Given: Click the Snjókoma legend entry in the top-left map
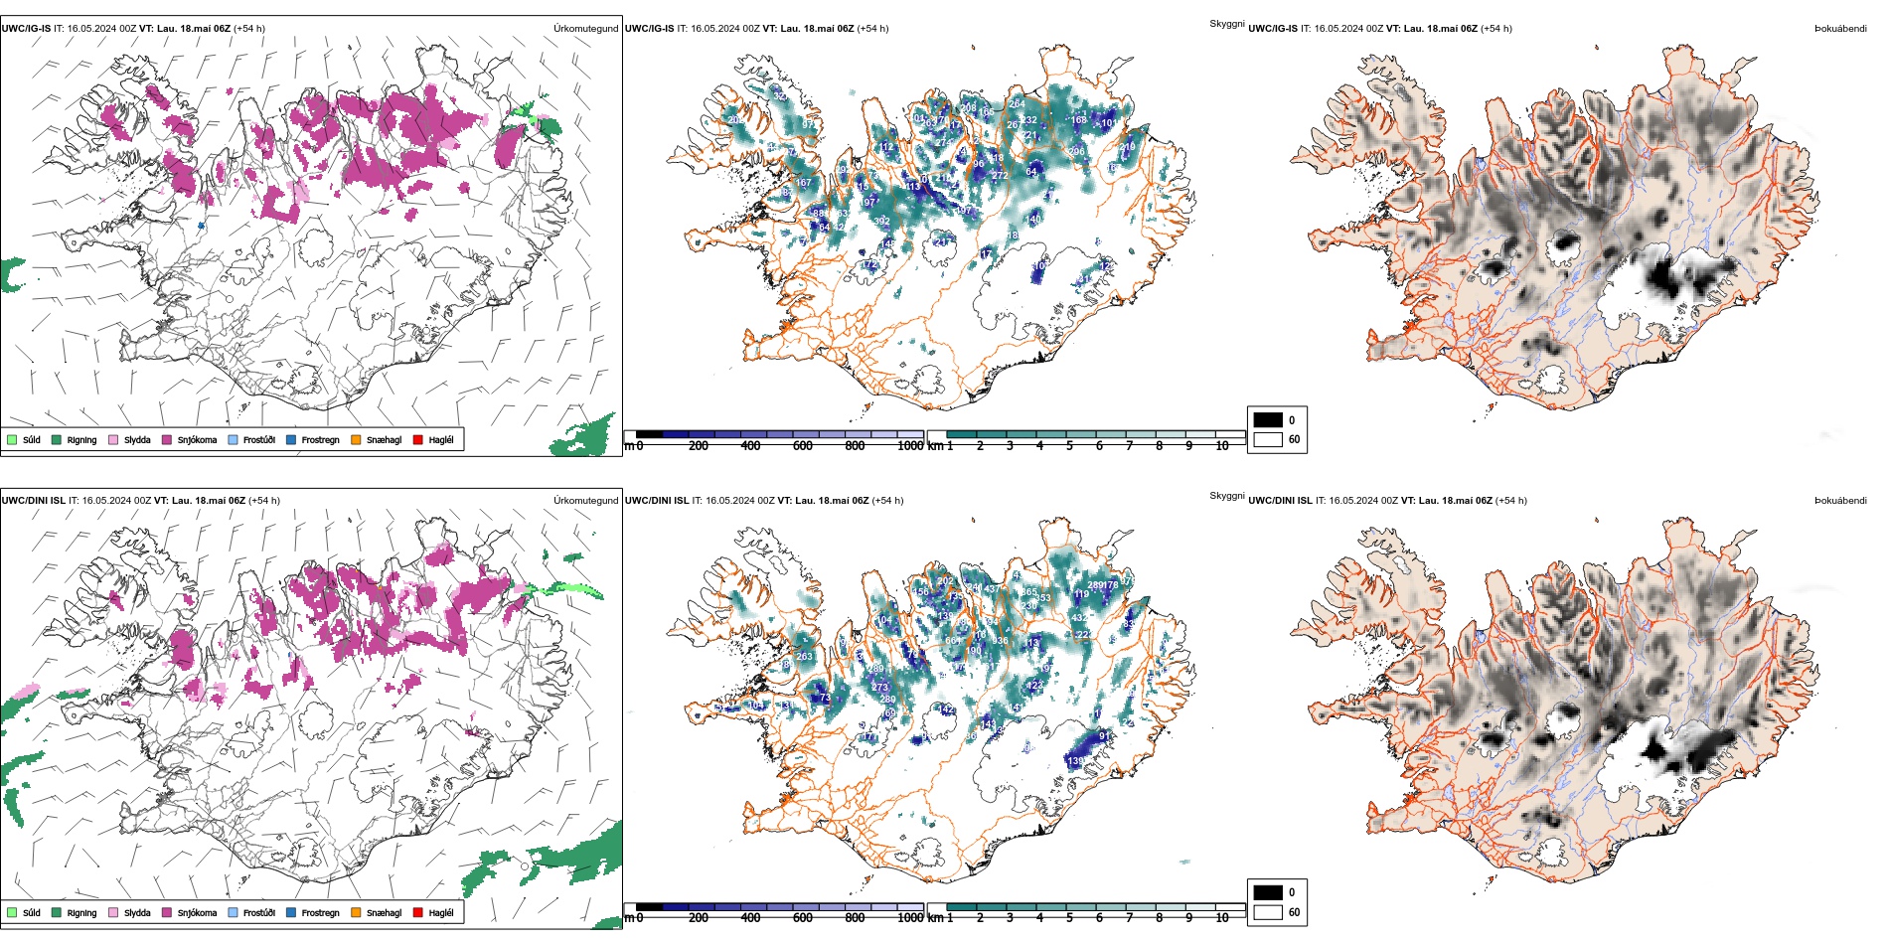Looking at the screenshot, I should point(197,440).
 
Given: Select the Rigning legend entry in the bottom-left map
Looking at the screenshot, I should point(81,913).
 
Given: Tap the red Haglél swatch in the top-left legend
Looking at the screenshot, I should point(418,439).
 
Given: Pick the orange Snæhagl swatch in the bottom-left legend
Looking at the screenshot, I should point(356,912).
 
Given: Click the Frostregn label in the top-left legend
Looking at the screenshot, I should point(320,440).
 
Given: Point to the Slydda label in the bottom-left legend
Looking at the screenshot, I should point(137,913).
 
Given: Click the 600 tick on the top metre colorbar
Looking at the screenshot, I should point(803,446).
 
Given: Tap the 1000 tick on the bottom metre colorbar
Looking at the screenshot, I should point(910,918).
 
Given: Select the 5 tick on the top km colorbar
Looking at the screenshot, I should point(1069,446).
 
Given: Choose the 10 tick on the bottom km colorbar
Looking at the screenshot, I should point(1222,918).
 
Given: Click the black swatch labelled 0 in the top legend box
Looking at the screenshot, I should point(1268,419).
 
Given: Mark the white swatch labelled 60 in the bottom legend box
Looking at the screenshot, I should point(1268,912).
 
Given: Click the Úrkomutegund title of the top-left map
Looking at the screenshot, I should point(585,29).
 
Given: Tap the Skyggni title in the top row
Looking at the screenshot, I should point(1226,24).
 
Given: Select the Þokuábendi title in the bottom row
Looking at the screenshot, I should point(1840,501).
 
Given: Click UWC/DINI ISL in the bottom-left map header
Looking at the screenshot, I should point(33,501).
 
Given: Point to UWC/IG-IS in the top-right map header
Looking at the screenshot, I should point(1273,29).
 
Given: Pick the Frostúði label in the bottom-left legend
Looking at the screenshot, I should point(259,913).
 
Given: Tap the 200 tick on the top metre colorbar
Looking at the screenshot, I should point(699,446).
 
